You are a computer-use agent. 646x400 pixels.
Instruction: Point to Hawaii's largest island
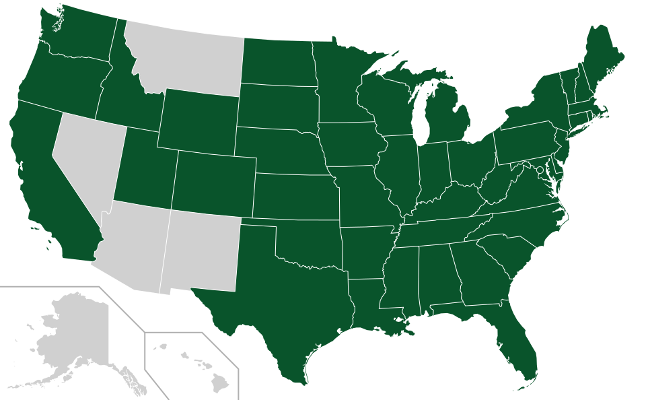pyautogui.click(x=220, y=384)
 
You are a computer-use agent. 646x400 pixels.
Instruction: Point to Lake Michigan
pyautogui.click(x=422, y=114)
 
